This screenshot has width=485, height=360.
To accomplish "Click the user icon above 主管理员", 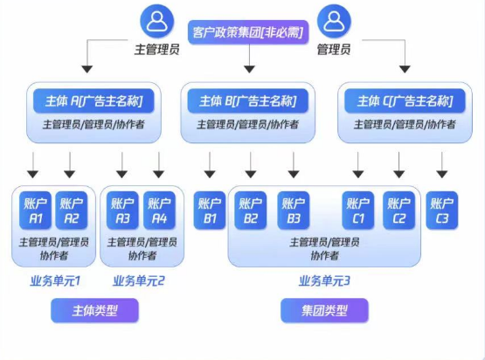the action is point(157,21).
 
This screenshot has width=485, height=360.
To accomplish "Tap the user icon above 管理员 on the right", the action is point(334,21).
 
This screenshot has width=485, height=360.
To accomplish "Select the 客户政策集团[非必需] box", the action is point(248,32).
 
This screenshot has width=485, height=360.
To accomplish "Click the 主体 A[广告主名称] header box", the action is point(94,100).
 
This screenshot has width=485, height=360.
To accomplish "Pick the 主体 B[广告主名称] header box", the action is point(248,100).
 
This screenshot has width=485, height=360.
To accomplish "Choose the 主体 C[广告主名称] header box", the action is point(405,100).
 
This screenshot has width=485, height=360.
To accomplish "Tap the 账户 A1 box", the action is point(35,211).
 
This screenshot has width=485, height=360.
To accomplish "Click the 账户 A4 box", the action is point(159,211).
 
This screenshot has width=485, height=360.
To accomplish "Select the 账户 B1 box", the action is point(210,211).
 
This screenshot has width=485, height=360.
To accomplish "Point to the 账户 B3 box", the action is point(294,211).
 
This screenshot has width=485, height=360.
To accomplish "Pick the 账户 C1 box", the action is point(358,211).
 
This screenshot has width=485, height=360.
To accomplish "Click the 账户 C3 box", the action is point(441,211).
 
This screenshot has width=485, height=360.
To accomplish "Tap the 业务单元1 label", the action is point(55,280).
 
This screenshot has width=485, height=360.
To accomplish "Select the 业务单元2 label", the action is point(139,280).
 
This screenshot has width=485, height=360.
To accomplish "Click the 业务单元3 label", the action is point(324,280).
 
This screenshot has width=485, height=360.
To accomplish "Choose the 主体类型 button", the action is point(94,310).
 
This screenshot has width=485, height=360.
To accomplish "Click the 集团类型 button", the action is point(324,310).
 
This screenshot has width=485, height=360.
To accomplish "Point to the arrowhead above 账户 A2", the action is point(70,175).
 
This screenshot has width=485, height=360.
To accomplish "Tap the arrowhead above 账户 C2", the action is point(399,175).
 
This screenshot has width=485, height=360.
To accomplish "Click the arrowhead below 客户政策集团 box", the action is point(249,69).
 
